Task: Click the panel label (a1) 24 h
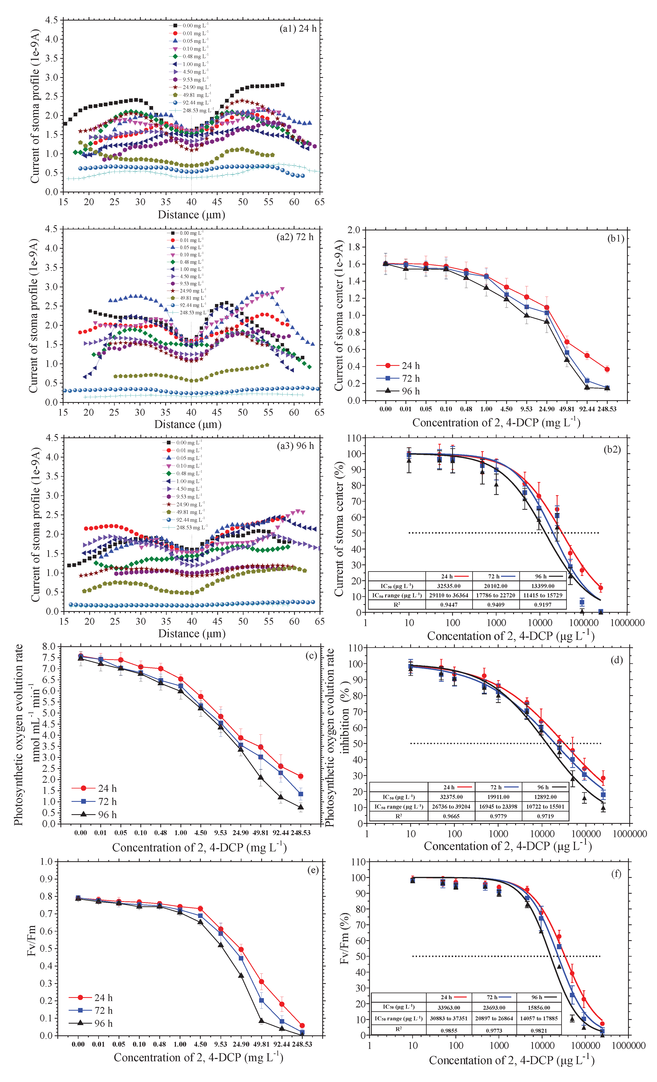[298, 29]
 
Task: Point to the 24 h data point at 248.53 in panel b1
[607, 369]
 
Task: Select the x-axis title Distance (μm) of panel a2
[188, 424]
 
